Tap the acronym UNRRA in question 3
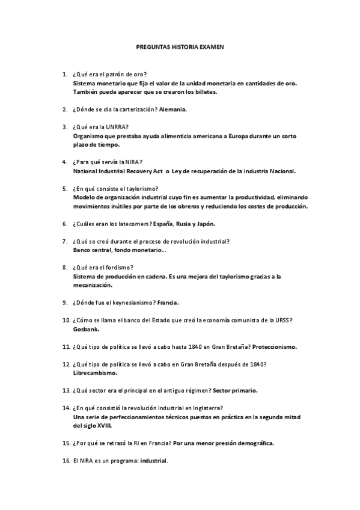click(114, 127)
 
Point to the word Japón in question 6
click(204, 224)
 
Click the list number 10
click(66, 320)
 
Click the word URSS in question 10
click(281, 320)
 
